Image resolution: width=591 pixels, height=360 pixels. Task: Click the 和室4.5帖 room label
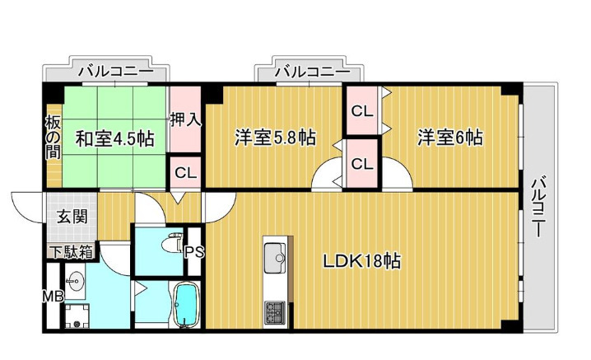(115, 139)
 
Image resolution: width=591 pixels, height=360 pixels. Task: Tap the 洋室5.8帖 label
(275, 138)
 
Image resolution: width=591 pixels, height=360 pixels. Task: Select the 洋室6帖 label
(450, 138)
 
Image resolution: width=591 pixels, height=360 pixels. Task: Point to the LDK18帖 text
(362, 261)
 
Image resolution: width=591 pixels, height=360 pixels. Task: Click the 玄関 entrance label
(72, 217)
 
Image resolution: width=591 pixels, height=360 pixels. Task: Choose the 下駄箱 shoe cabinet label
(72, 252)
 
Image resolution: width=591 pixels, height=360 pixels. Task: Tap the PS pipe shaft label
(194, 252)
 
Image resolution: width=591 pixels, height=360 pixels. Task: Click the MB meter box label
(53, 297)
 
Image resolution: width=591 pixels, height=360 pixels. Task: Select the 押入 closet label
(185, 120)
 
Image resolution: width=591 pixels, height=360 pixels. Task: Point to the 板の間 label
(54, 138)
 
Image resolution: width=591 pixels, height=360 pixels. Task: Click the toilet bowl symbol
(172, 244)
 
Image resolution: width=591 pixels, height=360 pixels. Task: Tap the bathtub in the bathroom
(185, 304)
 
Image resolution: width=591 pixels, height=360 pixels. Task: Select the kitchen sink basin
(275, 258)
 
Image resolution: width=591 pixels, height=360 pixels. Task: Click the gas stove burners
(275, 312)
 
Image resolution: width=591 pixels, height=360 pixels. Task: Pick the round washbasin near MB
(77, 282)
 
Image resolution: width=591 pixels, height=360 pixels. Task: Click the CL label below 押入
(185, 173)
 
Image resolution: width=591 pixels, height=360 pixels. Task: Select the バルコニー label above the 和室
(116, 71)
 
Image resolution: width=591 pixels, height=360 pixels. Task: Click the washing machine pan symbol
(77, 316)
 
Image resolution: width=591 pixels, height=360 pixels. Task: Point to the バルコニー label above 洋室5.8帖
(312, 71)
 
